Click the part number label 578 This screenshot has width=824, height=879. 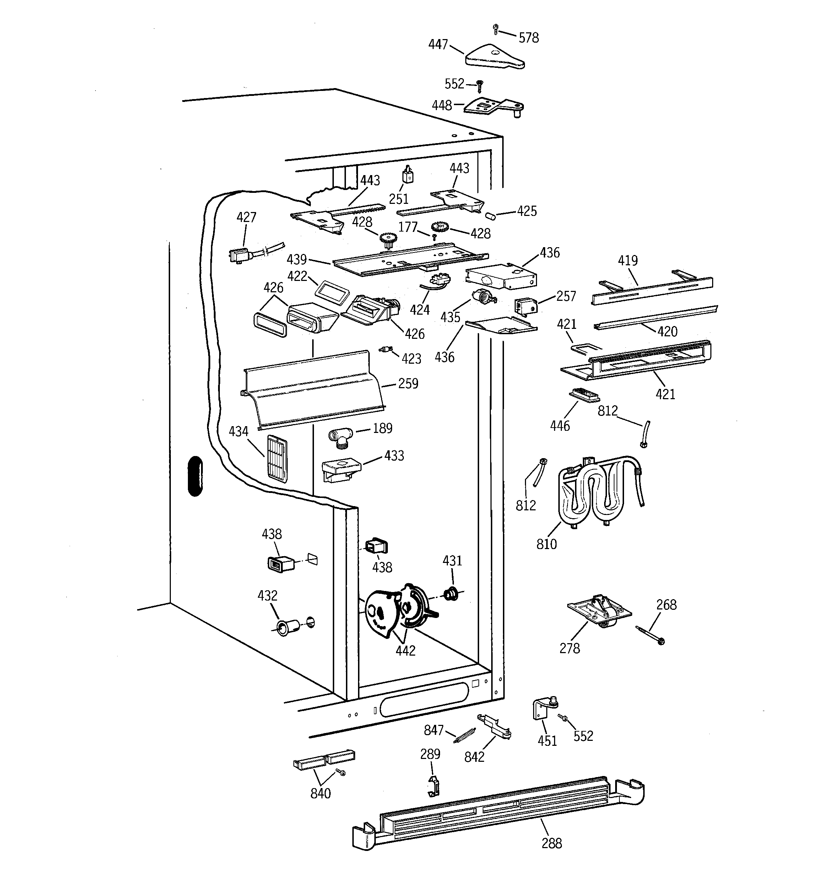click(528, 38)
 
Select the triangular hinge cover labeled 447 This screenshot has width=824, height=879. click(494, 56)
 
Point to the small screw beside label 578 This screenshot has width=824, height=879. click(495, 29)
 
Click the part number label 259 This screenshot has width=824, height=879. click(408, 383)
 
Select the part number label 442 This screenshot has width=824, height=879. click(405, 650)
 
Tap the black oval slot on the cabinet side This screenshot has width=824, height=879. click(195, 476)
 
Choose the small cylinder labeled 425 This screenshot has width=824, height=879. click(490, 216)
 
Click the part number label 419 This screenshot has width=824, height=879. click(628, 260)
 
